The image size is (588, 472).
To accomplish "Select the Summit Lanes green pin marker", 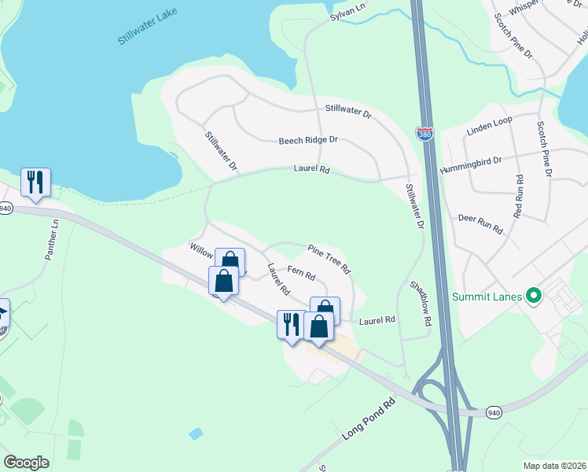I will point(535,297).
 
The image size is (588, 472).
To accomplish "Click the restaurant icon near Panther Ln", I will point(35,182).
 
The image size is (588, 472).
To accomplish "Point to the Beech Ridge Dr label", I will point(308,140).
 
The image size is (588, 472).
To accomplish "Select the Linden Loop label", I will point(489,124).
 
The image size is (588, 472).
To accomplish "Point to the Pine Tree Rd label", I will point(329,258).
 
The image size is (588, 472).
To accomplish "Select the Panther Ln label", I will point(52,241).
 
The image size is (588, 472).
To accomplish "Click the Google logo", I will point(26,463).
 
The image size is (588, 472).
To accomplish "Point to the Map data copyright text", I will point(554,466).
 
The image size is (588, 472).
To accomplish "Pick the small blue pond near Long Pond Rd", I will point(195,433).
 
